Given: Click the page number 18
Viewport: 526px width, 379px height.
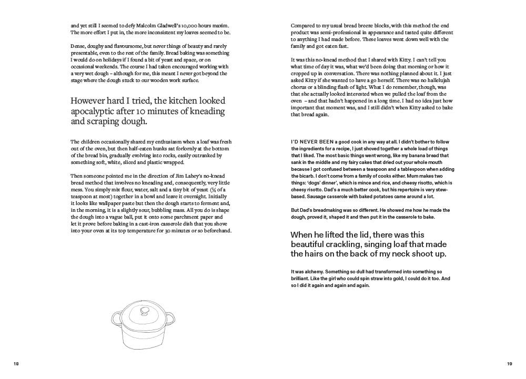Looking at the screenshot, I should coord(16,364).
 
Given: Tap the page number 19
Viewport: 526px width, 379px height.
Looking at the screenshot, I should coord(509,364).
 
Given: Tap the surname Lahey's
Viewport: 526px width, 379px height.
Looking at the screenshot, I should coord(171,175).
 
